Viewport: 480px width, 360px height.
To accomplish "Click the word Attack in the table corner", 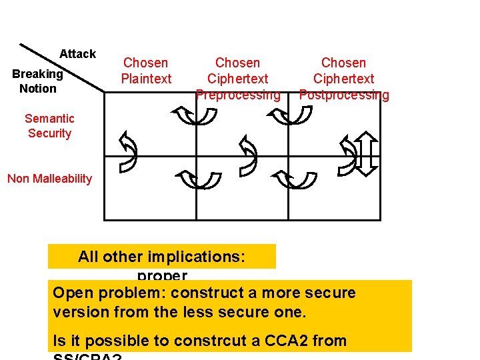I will (x=77, y=54).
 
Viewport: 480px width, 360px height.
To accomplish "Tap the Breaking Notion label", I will (x=37, y=81).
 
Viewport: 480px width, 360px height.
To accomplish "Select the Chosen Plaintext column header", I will (x=146, y=71).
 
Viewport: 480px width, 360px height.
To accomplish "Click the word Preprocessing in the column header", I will (x=238, y=95).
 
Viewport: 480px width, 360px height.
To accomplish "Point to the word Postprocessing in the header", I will (x=343, y=95).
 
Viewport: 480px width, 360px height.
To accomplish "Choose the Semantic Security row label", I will (x=49, y=125).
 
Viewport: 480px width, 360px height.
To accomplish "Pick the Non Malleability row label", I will (x=49, y=178).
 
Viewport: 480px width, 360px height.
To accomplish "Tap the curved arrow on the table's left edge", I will (x=127, y=151).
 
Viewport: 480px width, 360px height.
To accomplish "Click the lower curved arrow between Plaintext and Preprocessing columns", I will (x=199, y=178).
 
